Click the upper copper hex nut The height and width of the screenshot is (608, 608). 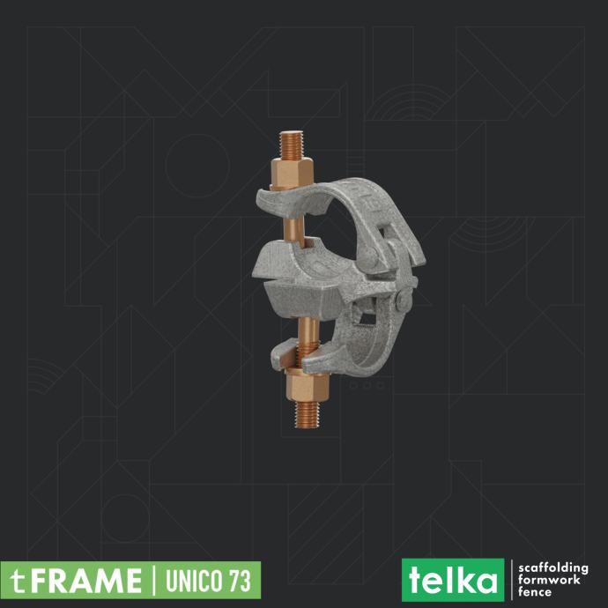(292, 173)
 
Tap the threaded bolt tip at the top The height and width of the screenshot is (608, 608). (291, 145)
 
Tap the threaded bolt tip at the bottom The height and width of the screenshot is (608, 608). (308, 414)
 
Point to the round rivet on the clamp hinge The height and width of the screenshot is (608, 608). (404, 300)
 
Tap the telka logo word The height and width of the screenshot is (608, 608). (453, 580)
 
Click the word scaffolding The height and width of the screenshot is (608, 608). (553, 568)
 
